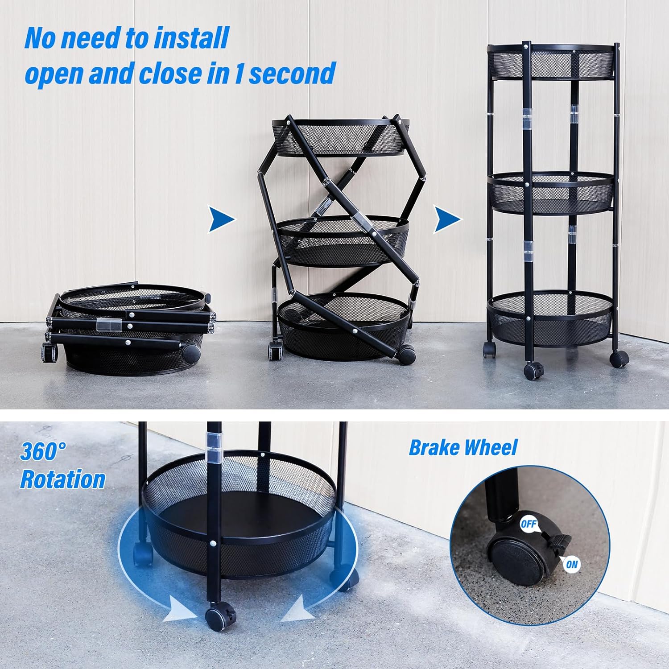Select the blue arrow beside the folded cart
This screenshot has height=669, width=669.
point(222,219)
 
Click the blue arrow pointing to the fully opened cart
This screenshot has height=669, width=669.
point(447,219)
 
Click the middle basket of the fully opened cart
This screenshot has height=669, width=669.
point(551,193)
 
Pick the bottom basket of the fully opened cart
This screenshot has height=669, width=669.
point(550,318)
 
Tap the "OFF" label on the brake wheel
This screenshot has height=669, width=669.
point(529,524)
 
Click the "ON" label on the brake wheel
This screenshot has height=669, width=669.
point(571,565)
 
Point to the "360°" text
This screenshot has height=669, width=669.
point(43,451)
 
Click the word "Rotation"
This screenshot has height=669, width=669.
point(63,480)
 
